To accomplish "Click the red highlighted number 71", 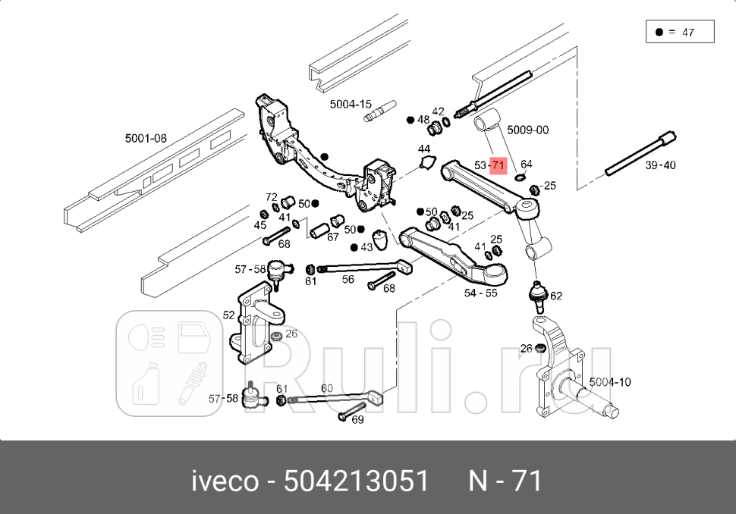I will coord(498,165).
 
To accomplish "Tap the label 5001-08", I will coord(146,139).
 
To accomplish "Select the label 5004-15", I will coord(351,105).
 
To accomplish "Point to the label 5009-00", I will coord(527,130).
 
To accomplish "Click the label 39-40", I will coord(659,165).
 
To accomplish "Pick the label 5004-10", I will coord(609,382).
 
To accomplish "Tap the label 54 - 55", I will coord(480,293).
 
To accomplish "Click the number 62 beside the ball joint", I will coord(556,296).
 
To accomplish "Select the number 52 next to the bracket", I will coord(228,315).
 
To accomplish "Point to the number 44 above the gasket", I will coord(423,149).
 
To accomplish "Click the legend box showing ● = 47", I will coord(680,33).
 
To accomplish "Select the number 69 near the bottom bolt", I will coord(357,419).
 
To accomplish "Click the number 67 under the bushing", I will coord(332,237).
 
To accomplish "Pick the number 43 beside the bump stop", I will coord(367,247).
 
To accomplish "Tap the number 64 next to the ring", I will coord(526,165).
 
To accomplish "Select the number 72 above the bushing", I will coord(272,197).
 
